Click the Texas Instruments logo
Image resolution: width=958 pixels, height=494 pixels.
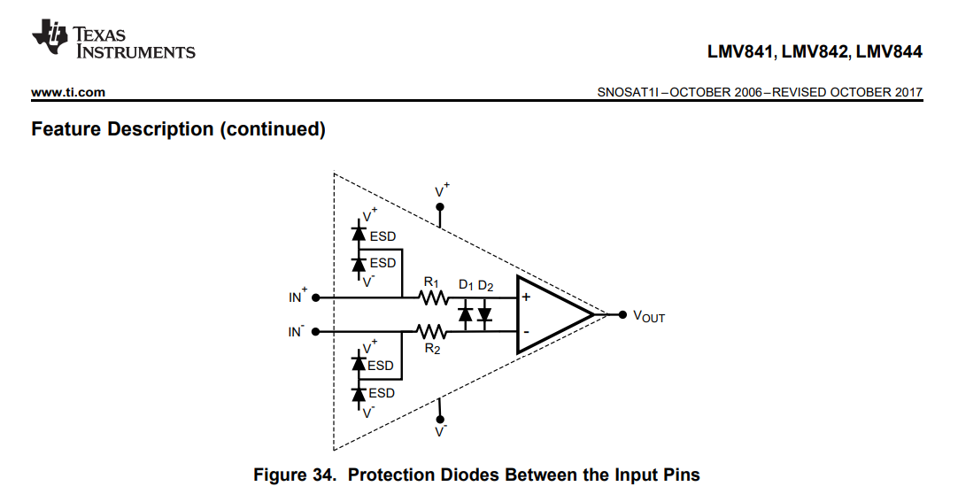(x=112, y=42)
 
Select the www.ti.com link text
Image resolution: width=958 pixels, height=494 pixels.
(x=68, y=92)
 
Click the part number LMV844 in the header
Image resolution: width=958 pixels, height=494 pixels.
(x=889, y=52)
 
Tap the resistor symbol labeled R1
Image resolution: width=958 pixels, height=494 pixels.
(x=434, y=297)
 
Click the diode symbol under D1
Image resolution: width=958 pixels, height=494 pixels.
(x=465, y=314)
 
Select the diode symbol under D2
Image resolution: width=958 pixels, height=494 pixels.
(x=484, y=314)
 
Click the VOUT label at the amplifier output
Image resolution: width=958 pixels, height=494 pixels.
(x=648, y=316)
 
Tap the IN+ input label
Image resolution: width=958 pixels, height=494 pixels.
(x=298, y=297)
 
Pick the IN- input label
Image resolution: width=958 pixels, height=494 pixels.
(x=297, y=332)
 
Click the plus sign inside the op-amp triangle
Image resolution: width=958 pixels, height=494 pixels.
(x=526, y=297)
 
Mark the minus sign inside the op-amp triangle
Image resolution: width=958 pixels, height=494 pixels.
(x=526, y=332)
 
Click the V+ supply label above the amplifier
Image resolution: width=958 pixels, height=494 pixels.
(x=441, y=190)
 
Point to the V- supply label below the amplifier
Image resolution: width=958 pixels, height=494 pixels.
(x=441, y=431)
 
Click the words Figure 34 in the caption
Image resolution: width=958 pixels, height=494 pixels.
(x=294, y=475)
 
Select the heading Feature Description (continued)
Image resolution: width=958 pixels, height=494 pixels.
(x=178, y=129)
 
